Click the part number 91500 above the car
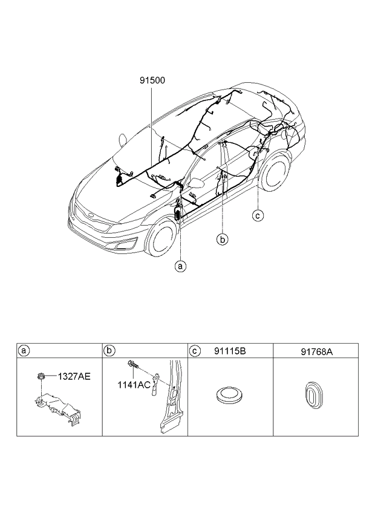pos(152,79)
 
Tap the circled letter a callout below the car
pos(180,265)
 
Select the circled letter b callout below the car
pos(223,240)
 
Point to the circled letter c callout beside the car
pos(258,214)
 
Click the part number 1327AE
pos(74,376)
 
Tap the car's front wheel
pos(160,238)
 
